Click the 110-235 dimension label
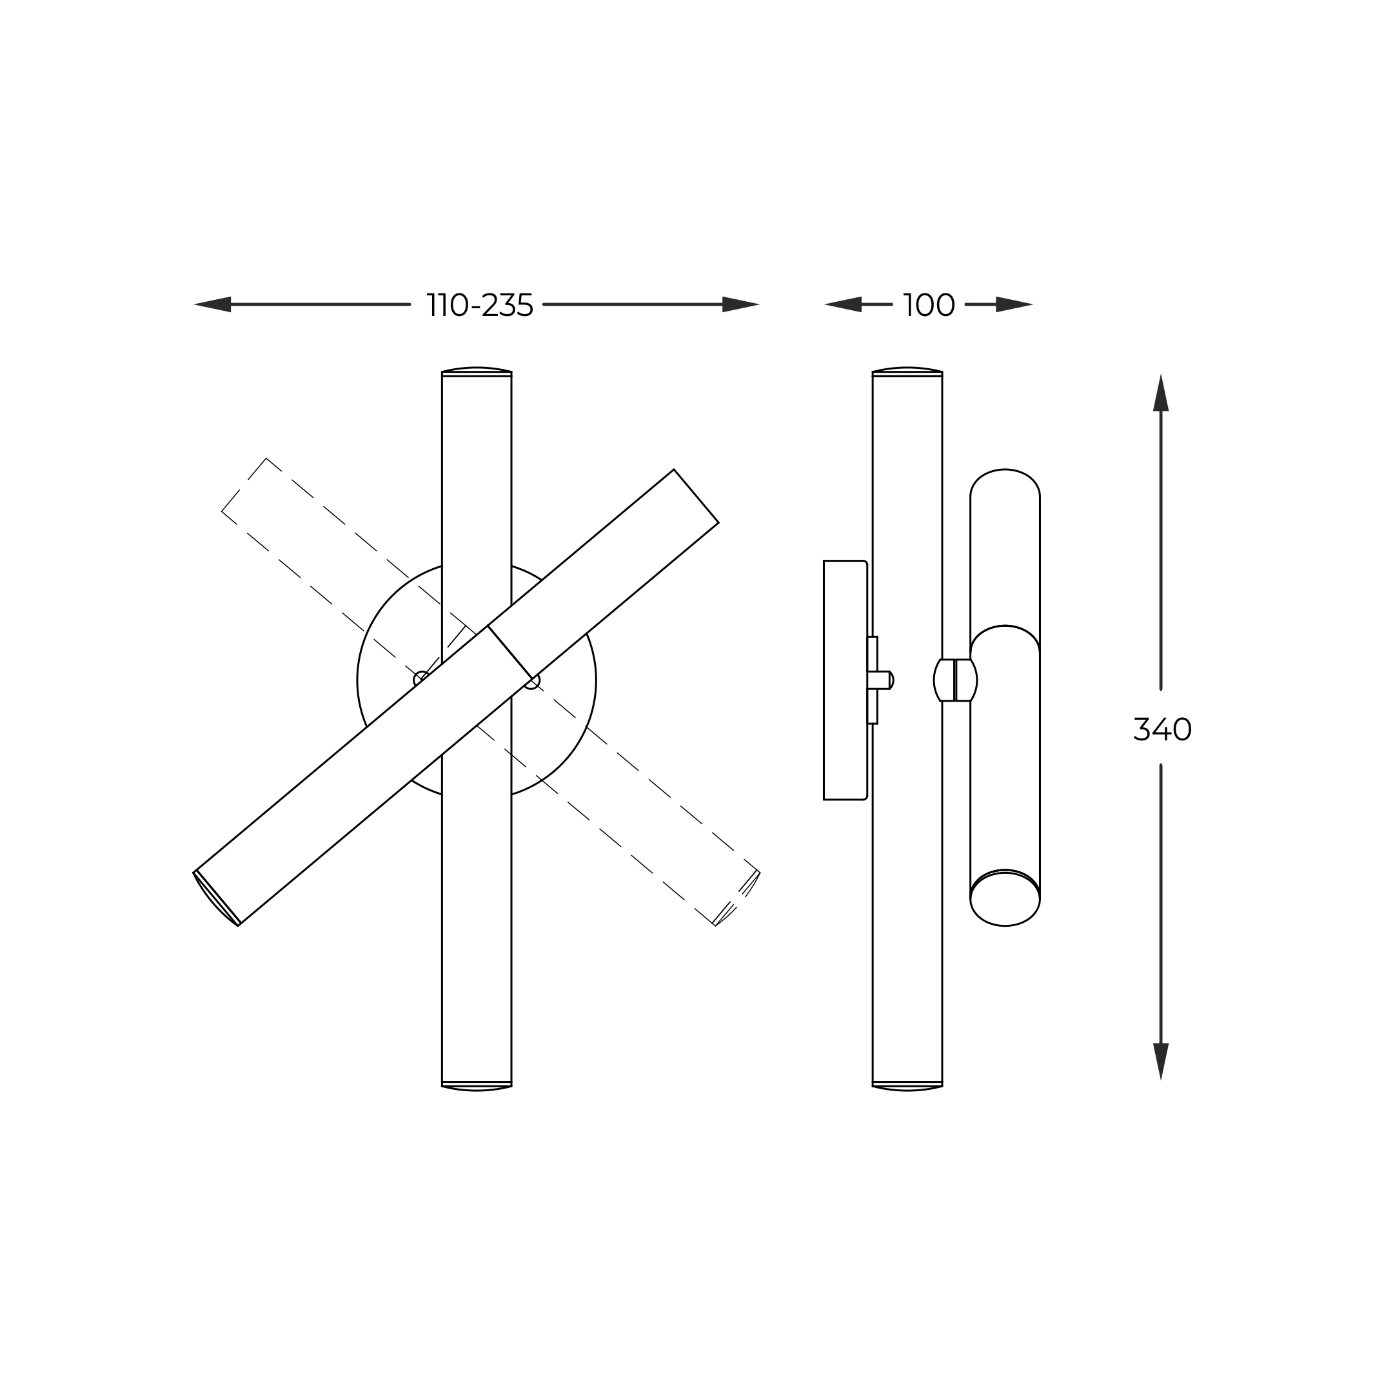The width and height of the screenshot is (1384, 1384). tap(480, 305)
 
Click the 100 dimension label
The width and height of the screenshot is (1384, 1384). tap(929, 305)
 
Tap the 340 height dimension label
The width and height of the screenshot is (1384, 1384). tap(1162, 729)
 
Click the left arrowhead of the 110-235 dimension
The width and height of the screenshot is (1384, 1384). tap(213, 304)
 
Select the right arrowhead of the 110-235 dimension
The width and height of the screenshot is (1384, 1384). tap(741, 304)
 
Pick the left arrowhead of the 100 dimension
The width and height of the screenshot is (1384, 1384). tap(843, 304)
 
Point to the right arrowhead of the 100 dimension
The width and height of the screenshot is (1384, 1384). tap(1014, 304)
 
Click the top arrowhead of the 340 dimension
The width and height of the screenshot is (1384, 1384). tap(1160, 393)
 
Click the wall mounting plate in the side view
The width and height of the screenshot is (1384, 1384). tap(845, 680)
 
